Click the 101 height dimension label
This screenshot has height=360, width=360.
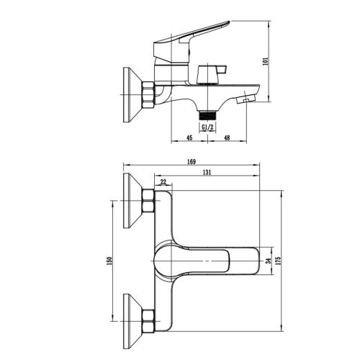tap(266, 61)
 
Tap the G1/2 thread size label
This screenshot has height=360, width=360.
tap(207, 127)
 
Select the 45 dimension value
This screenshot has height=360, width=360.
tap(189, 138)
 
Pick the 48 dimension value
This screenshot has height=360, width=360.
tap(227, 138)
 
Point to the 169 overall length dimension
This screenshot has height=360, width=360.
tap(192, 161)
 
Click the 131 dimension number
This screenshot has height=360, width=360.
tap(207, 172)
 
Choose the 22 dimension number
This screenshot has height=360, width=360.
tap(163, 182)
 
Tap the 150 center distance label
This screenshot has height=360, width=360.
tap(109, 261)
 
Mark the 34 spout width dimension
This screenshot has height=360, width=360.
tap(269, 261)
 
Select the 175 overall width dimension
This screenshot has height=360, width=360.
tap(278, 261)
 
